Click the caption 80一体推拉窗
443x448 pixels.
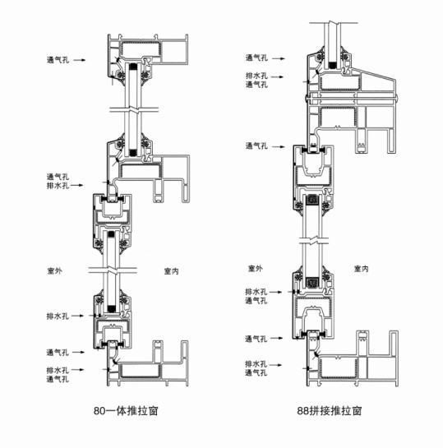click(x=126, y=411)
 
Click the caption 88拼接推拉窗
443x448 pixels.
click(x=330, y=411)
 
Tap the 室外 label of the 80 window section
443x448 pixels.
click(x=54, y=270)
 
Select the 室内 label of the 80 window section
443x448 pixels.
click(x=172, y=271)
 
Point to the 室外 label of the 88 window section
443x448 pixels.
click(x=255, y=268)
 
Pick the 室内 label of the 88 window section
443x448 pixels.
click(x=362, y=269)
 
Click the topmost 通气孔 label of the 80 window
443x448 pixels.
click(x=58, y=60)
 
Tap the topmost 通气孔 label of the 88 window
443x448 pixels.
click(x=256, y=58)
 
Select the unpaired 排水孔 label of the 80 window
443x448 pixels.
click(x=58, y=316)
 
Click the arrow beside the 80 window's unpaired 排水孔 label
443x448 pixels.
click(x=77, y=316)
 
